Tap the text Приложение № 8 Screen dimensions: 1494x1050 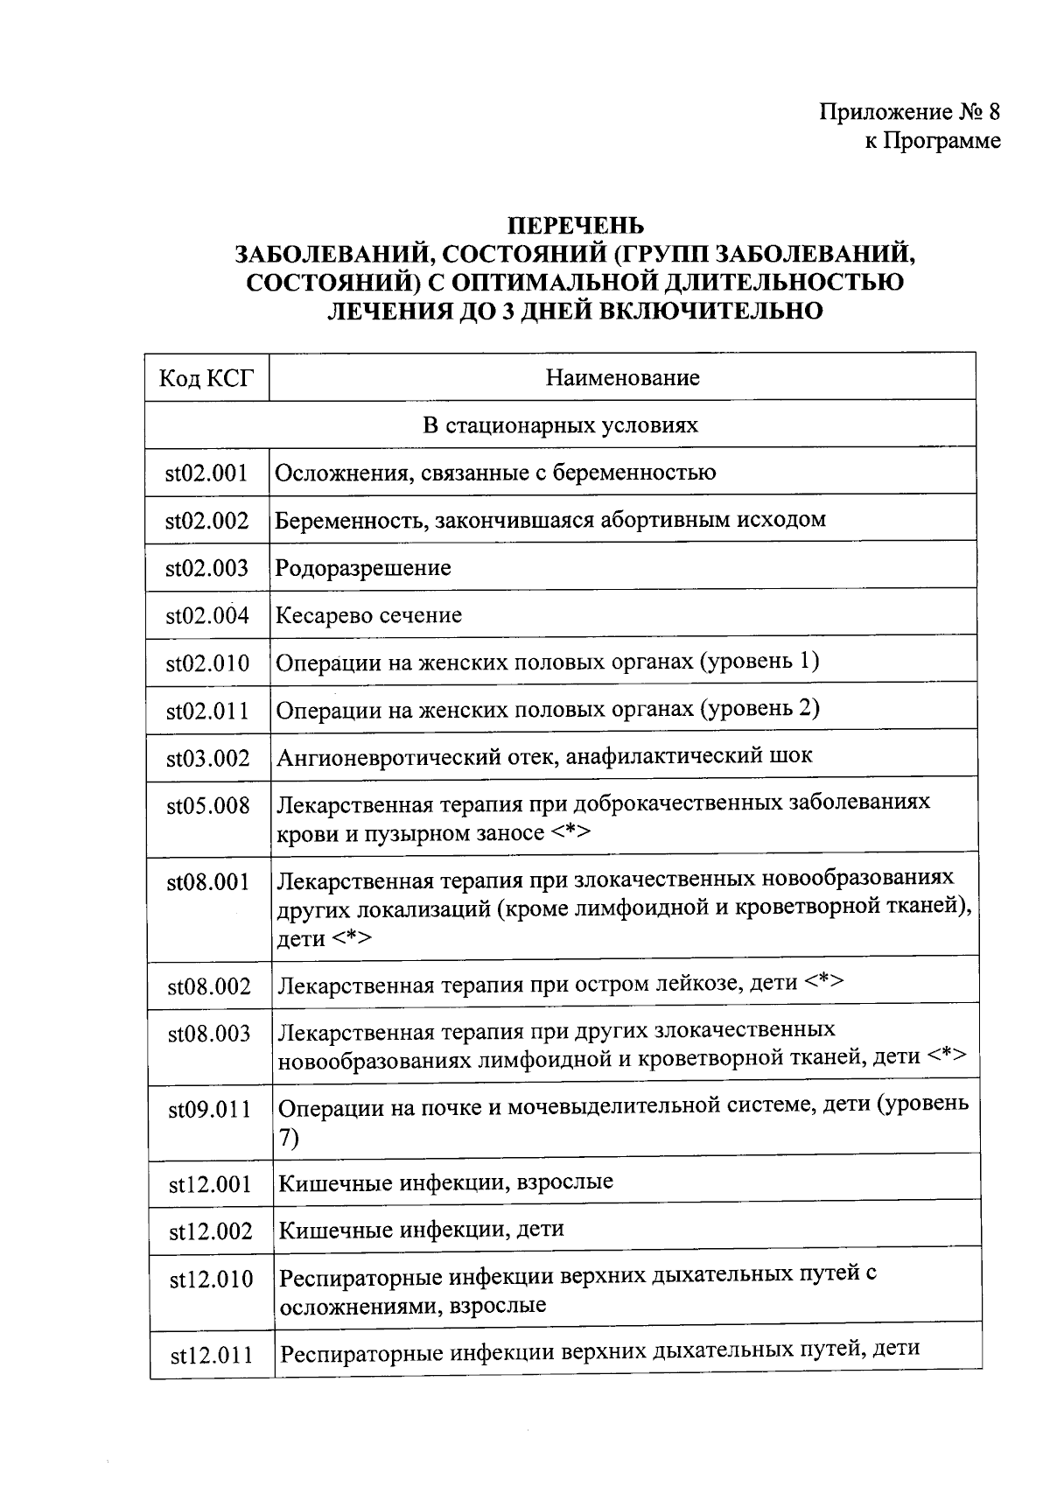click(909, 112)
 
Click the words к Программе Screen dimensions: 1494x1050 click(933, 140)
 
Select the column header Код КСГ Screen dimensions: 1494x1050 click(207, 378)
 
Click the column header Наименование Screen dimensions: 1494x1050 click(622, 378)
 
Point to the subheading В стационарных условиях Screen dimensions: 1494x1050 click(561, 425)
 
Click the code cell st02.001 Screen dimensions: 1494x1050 click(207, 473)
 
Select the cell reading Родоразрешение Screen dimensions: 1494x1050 click(363, 568)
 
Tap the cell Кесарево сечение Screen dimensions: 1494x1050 click(368, 615)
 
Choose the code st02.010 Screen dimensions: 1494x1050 click(207, 663)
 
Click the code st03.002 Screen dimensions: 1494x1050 click(208, 758)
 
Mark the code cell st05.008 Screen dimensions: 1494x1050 click(208, 805)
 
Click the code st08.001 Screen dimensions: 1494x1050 click(208, 882)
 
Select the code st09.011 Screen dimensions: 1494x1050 click(210, 1110)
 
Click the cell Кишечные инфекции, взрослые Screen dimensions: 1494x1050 click(445, 1183)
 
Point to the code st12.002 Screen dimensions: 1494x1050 click(211, 1231)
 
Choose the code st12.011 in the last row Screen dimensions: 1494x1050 click(212, 1357)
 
